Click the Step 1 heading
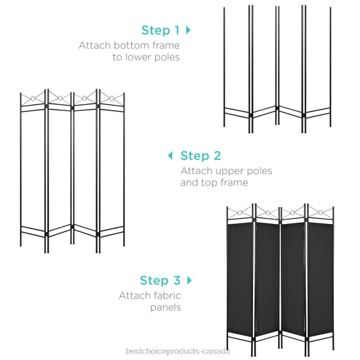click(160, 31)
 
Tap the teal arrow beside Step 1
click(189, 30)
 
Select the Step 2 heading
click(201, 155)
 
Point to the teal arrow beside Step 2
click(170, 155)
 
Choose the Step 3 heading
click(160, 280)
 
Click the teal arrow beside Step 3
click(189, 280)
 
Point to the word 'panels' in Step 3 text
click(165, 307)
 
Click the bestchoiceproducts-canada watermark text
click(178, 352)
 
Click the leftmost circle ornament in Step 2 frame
click(32, 99)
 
